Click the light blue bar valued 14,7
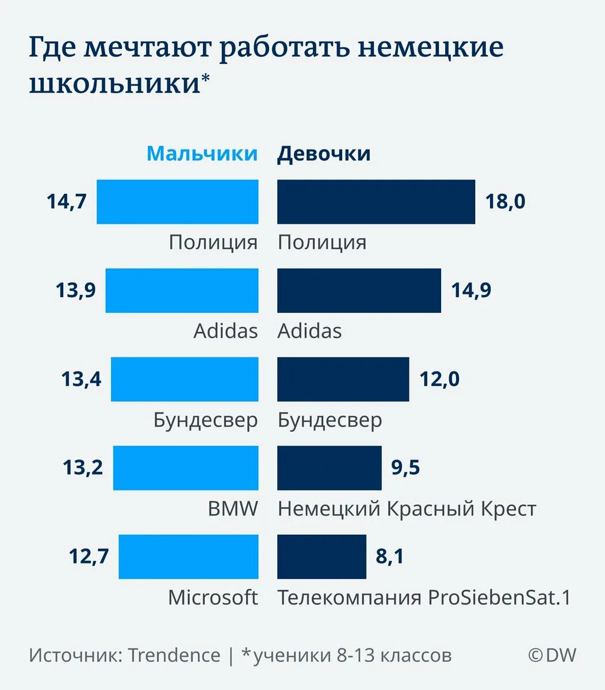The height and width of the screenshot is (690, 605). (177, 202)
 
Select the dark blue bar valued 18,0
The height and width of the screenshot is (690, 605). (376, 202)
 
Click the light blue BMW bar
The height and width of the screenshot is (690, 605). (185, 468)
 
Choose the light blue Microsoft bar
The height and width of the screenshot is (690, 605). (188, 557)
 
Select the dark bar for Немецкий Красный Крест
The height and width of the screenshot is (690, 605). (329, 468)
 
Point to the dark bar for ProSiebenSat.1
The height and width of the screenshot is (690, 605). (321, 557)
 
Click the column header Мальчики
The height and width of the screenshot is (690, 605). (202, 154)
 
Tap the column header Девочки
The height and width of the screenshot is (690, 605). (324, 154)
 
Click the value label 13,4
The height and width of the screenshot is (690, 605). (81, 379)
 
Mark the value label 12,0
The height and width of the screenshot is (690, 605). (439, 379)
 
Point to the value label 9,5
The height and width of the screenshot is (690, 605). (405, 468)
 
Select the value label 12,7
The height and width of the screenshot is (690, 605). (89, 557)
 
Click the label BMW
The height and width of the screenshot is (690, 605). (233, 509)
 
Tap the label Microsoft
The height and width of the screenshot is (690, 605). (213, 597)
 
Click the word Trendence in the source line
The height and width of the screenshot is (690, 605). (174, 655)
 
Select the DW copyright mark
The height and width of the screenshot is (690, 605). (552, 655)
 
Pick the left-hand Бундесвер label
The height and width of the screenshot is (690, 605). (205, 420)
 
